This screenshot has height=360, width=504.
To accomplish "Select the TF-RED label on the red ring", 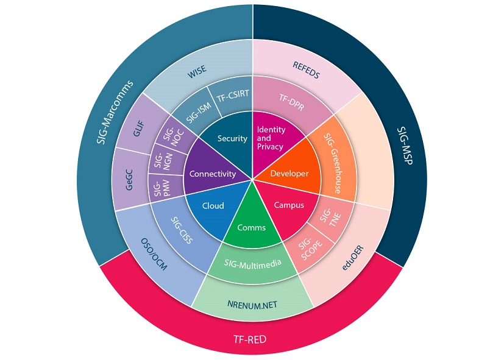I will click(252, 338).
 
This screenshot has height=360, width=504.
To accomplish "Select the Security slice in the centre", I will click(233, 138).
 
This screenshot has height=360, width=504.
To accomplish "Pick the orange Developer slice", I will click(289, 174).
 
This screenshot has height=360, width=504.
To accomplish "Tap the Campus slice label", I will click(288, 205).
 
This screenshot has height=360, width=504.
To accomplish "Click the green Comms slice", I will click(252, 228).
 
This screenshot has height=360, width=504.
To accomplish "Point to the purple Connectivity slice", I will click(213, 174).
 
